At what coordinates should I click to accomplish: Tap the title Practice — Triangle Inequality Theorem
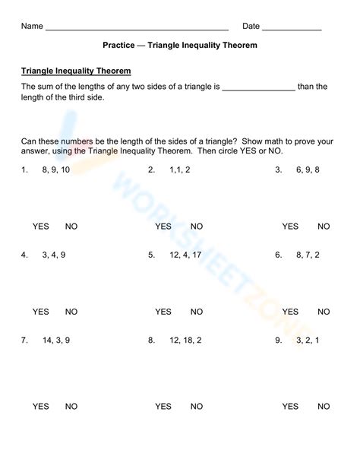tap(179, 45)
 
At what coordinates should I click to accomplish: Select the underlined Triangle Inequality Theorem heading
tap(76, 71)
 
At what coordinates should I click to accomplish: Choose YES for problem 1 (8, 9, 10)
tap(40, 227)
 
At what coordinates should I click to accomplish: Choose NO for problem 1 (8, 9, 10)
tap(71, 227)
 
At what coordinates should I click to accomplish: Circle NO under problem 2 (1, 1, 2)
tap(197, 227)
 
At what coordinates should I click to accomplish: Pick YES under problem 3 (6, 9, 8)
tap(290, 227)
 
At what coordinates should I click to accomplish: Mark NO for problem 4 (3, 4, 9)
tap(71, 312)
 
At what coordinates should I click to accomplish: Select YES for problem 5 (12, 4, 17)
tap(163, 312)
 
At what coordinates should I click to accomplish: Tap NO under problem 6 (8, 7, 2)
tap(324, 312)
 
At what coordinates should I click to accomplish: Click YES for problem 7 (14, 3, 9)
tap(40, 407)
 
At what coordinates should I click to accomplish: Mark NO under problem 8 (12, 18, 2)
tap(197, 407)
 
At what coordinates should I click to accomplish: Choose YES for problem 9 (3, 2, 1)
tap(290, 407)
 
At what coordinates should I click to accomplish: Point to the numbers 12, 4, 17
tap(185, 255)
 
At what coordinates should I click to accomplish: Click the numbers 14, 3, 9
tap(56, 340)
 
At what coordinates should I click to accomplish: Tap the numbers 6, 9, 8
tap(308, 170)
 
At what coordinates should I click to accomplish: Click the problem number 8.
tap(151, 340)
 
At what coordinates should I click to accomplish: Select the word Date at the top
tap(251, 27)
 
